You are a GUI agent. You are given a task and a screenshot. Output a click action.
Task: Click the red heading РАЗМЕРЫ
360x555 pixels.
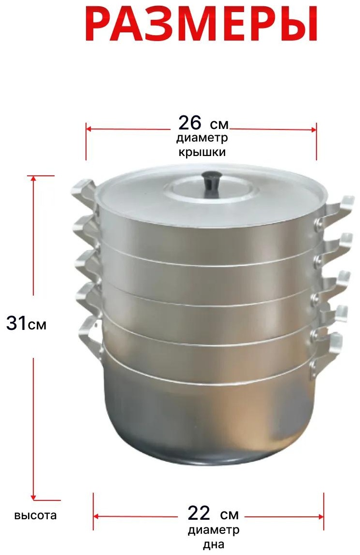coord(201,24)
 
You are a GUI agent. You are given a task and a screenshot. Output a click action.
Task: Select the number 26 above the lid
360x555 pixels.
coord(190,123)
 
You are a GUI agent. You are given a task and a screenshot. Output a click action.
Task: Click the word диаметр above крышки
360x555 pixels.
coord(202,138)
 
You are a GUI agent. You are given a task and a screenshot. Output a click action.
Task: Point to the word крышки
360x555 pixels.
coord(202,152)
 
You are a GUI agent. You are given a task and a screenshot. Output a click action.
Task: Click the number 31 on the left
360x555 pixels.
coord(16,323)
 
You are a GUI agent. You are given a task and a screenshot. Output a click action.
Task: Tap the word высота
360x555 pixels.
coord(35,515)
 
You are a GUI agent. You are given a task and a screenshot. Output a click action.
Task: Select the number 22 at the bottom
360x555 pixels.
coord(199,513)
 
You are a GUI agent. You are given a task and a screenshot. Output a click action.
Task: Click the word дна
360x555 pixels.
coord(214,545)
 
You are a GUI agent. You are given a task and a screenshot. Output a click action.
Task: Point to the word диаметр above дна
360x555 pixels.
coord(214,530)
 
